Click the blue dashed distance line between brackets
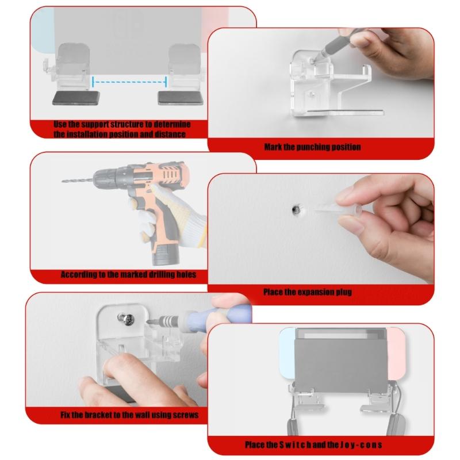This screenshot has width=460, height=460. (x=129, y=82)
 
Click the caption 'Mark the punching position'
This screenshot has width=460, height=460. (x=312, y=147)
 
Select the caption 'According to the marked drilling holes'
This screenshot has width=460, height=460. (x=128, y=274)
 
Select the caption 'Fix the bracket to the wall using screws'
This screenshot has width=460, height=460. (x=129, y=414)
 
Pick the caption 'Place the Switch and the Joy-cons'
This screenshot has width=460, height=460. (x=313, y=444)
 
